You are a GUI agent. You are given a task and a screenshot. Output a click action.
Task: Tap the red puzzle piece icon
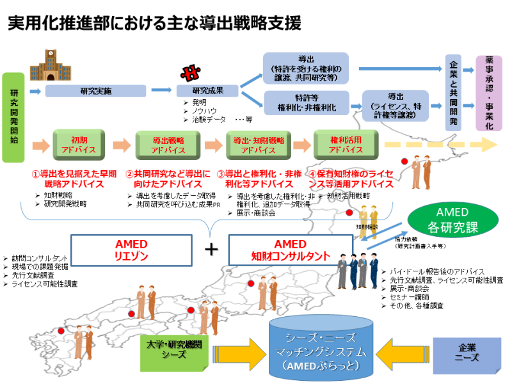click(x=189, y=72)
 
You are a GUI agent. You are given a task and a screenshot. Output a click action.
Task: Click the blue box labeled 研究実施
click(x=96, y=91)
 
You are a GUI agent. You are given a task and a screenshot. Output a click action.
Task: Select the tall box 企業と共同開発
click(x=454, y=92)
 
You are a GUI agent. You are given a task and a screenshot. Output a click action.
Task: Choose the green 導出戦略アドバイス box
click(x=168, y=145)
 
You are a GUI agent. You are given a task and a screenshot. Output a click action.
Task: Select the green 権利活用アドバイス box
click(x=346, y=145)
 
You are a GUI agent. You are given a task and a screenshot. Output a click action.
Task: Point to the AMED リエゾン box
click(x=131, y=250)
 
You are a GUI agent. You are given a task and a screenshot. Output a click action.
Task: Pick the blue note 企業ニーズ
click(x=467, y=353)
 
